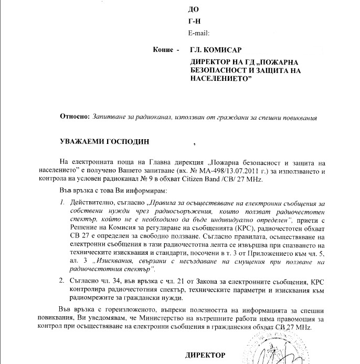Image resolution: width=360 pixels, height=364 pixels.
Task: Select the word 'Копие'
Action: (x=163, y=50)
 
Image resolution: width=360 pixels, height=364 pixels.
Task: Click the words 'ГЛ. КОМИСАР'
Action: (x=215, y=50)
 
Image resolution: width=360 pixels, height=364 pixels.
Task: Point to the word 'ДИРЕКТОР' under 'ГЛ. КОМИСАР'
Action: (x=209, y=61)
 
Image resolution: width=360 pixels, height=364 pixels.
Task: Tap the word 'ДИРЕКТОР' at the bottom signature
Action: (x=205, y=355)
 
